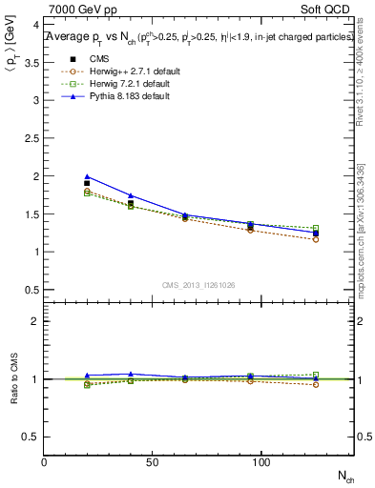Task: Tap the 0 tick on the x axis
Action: click(45, 462)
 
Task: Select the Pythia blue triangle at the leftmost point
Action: click(88, 176)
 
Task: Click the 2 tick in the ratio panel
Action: click(34, 321)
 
